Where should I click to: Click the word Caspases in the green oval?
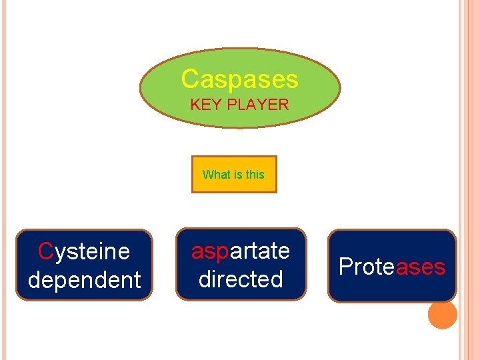239,79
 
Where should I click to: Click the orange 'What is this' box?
234,175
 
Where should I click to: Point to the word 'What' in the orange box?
217,175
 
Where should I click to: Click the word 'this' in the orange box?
255,175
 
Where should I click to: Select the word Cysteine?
84,251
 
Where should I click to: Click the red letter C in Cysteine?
45,251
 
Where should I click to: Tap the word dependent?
84,280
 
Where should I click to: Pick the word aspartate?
241,251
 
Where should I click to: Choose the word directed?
241,279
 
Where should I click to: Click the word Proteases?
392,267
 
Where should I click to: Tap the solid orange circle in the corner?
443,315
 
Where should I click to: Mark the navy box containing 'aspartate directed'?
241,265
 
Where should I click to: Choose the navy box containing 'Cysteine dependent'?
84,265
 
